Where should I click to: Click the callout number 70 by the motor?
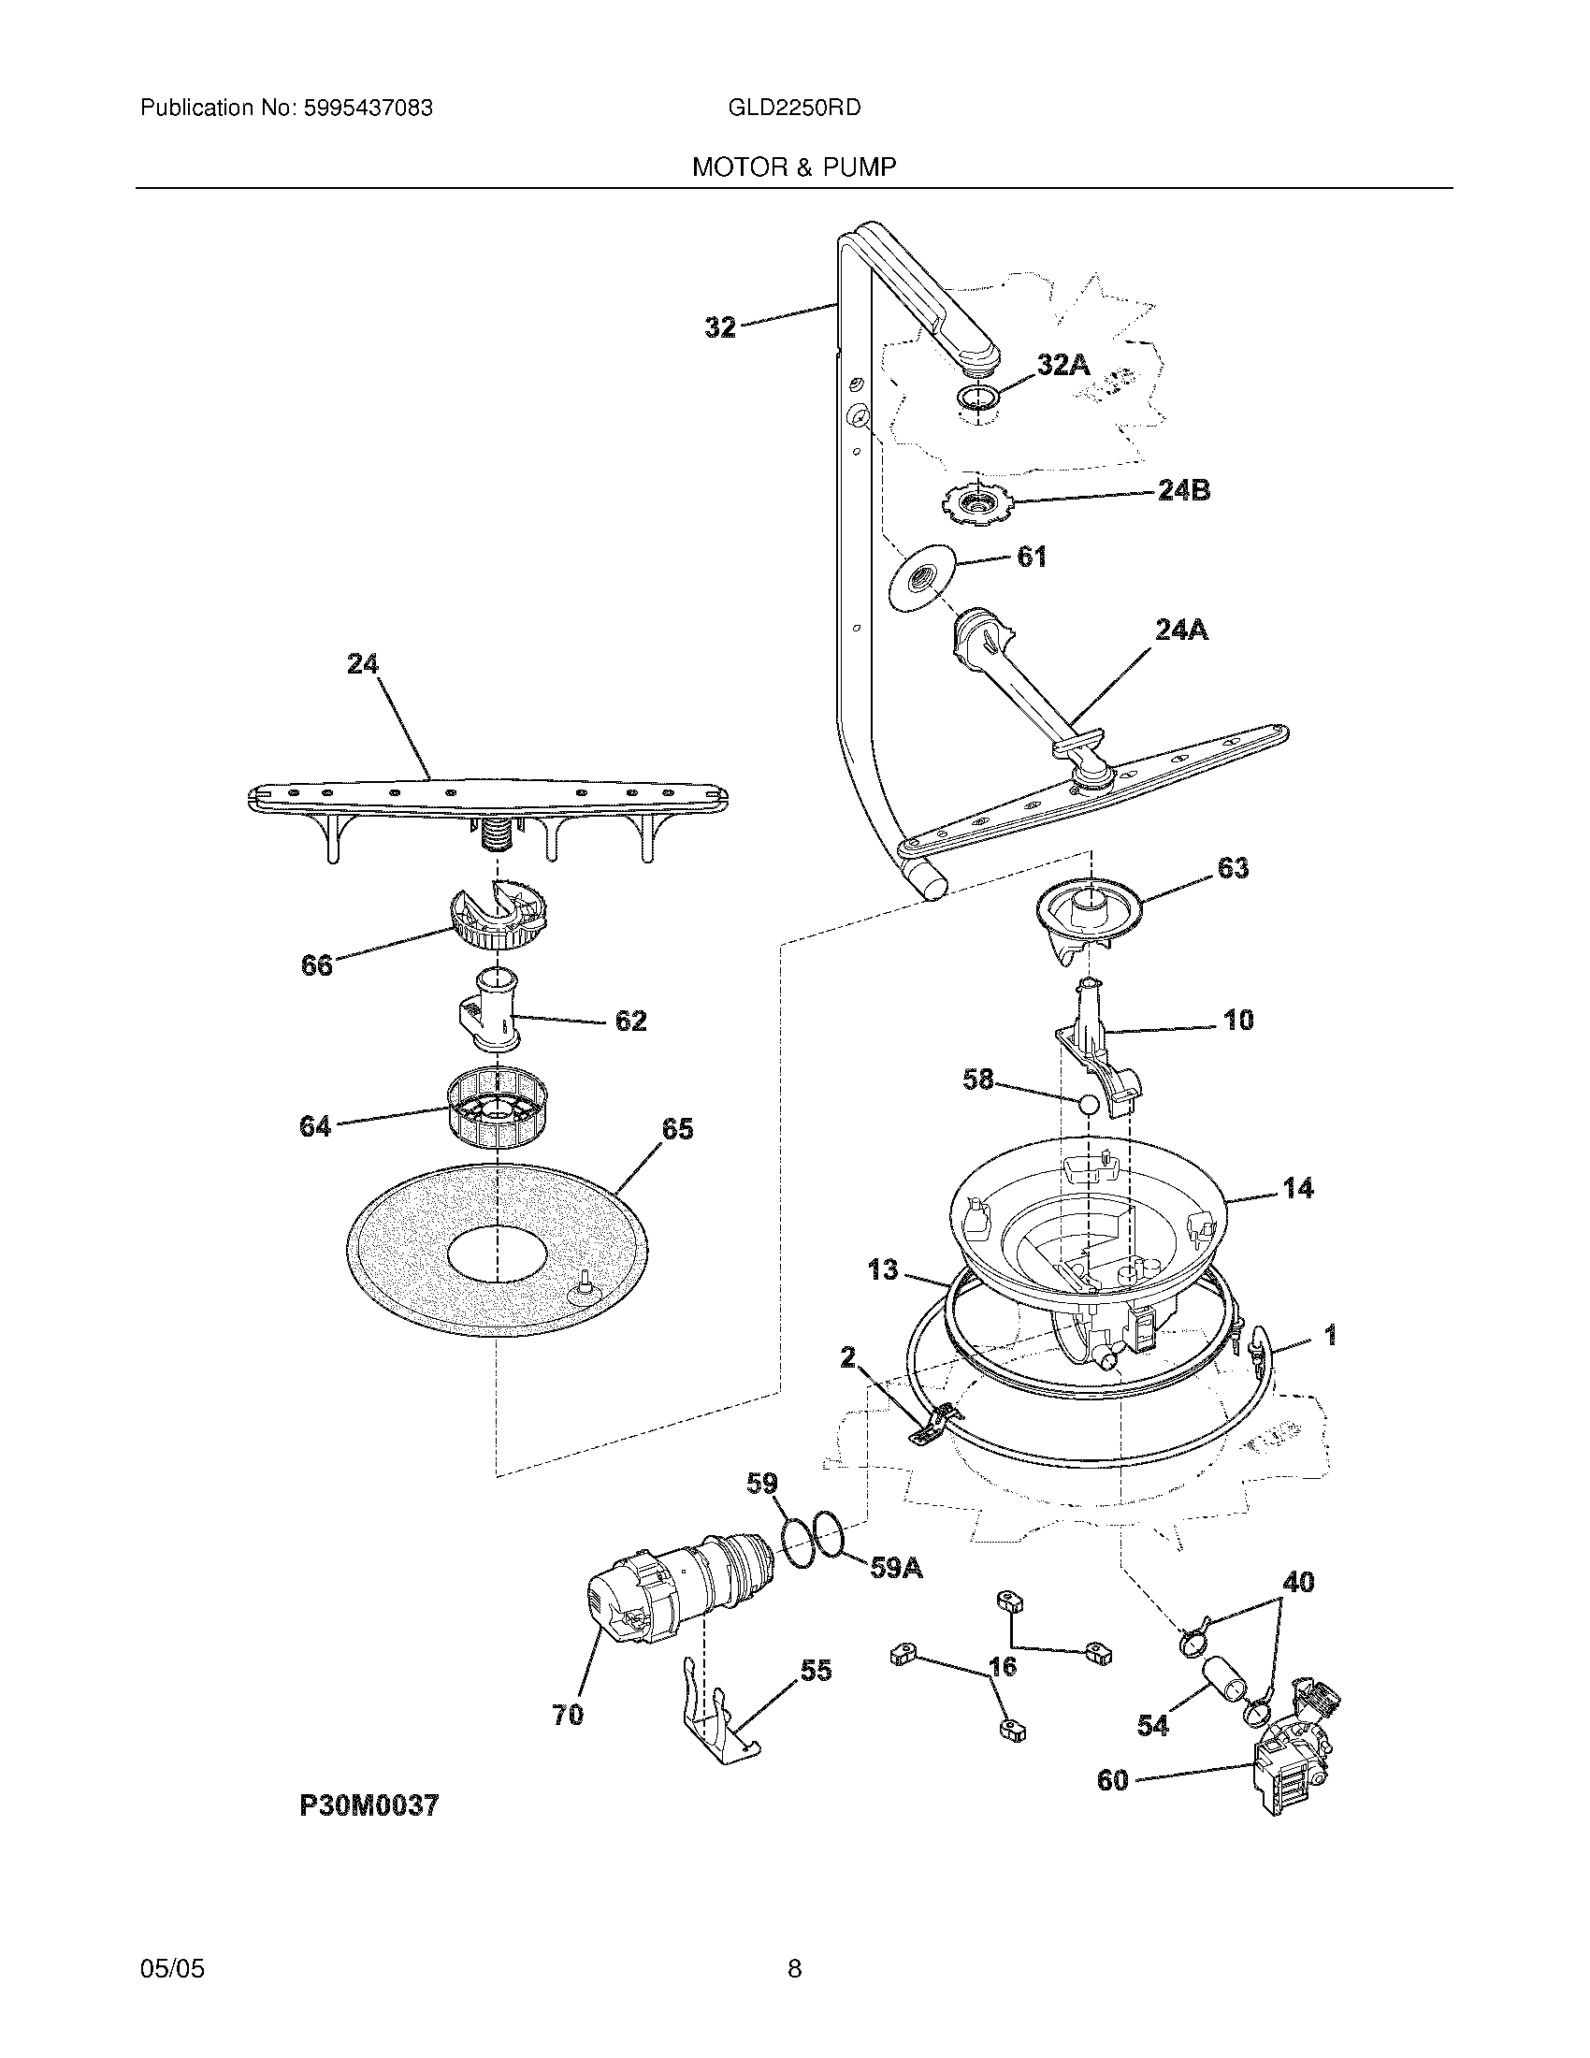[x=568, y=1715]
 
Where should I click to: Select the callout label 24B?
[x=1183, y=490]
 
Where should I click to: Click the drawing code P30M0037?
[x=369, y=1805]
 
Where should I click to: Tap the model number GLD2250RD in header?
[x=793, y=109]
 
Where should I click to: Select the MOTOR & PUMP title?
[x=793, y=167]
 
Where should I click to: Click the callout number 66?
[x=316, y=965]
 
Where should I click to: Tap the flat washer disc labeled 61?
[x=921, y=577]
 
